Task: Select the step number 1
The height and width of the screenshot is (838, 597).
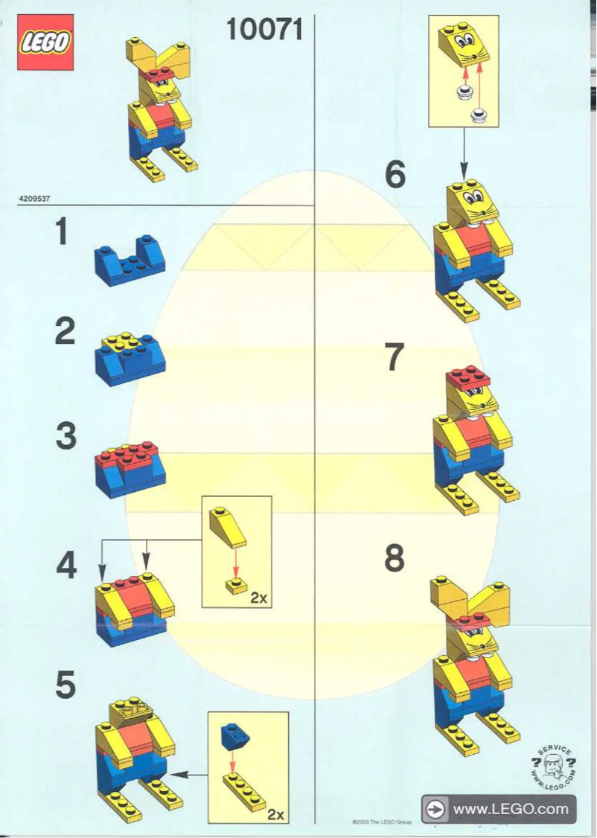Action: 65,232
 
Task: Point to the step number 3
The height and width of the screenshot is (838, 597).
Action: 66,436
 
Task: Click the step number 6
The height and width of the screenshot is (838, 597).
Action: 395,176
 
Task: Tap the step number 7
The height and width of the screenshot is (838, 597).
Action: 395,358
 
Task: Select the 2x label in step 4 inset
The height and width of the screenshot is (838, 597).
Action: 258,597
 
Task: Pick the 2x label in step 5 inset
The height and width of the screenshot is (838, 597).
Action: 275,814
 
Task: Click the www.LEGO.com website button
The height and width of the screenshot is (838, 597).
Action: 498,808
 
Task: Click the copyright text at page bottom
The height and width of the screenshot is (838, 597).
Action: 381,822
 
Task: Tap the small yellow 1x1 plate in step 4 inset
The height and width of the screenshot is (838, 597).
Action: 237,586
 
